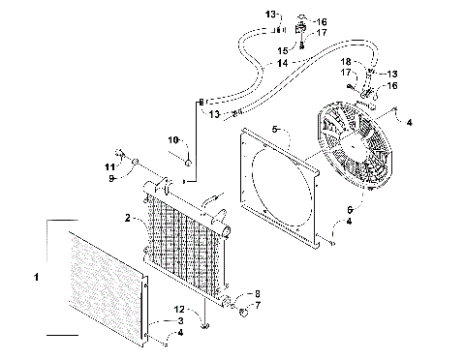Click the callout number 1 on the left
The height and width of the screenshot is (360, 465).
tap(37, 277)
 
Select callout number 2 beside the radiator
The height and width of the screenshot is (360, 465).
tap(128, 219)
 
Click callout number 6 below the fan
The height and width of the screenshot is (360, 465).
tap(348, 207)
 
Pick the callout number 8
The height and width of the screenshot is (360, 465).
tap(257, 293)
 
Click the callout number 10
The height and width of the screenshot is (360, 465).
tap(176, 139)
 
